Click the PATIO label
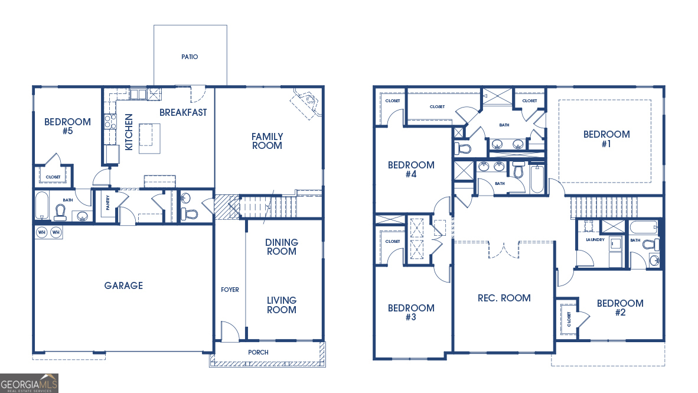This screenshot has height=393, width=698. (x=190, y=57)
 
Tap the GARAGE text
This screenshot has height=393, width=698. (x=123, y=285)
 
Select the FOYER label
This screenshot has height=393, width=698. (x=230, y=290)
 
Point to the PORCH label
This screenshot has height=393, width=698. (x=258, y=352)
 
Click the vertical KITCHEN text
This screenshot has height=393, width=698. (x=128, y=131)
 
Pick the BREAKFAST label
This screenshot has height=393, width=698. (x=183, y=112)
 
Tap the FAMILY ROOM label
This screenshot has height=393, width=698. (x=267, y=141)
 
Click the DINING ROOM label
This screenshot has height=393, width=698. (x=282, y=246)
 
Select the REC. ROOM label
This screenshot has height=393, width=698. (x=504, y=298)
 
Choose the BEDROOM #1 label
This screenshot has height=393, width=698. (x=606, y=139)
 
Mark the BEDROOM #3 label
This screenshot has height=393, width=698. (x=411, y=312)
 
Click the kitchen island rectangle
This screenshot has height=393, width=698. (x=150, y=138)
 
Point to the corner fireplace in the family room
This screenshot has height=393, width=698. (x=306, y=104)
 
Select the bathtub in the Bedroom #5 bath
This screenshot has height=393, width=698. (x=42, y=205)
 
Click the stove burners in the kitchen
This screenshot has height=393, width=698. (x=110, y=122)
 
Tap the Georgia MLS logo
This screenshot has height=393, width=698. (x=30, y=383)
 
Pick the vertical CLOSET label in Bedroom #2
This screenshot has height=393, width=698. (x=569, y=319)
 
